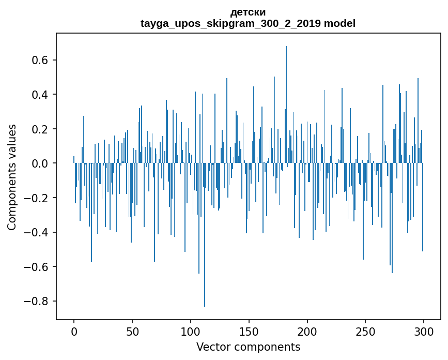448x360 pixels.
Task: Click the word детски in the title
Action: coord(248,12)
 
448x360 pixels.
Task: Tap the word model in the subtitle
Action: coord(339,23)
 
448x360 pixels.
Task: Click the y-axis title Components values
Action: coord(12,177)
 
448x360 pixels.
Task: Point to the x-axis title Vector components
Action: coord(248,347)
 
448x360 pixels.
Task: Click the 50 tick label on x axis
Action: coord(132,331)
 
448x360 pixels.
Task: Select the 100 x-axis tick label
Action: coord(191,331)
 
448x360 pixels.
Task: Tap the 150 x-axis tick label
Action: coord(249,331)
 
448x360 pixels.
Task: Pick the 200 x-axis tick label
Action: coord(307,331)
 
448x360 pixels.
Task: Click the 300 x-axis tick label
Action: coord(424,331)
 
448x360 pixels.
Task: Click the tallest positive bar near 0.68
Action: coord(286,103)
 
